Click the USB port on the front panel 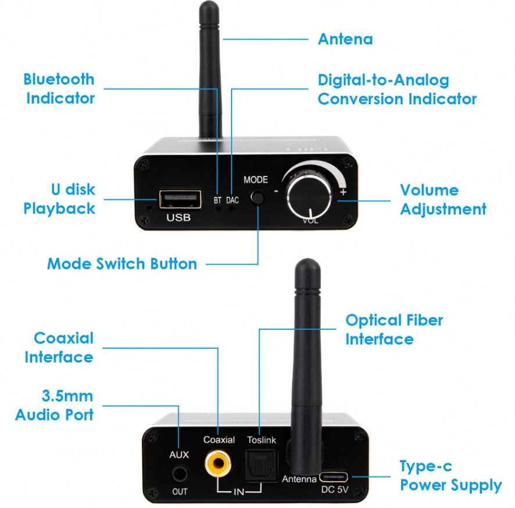click(x=180, y=199)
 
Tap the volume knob click(x=309, y=196)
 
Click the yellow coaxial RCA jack click(x=219, y=463)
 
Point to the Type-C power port click(x=334, y=477)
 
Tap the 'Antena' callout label click(x=345, y=39)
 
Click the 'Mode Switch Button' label click(x=122, y=264)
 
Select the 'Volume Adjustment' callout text click(x=443, y=200)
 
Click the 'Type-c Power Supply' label click(x=450, y=476)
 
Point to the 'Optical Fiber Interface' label click(x=394, y=329)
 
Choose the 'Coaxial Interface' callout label click(x=59, y=347)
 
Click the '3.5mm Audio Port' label click(x=55, y=405)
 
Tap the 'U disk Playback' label click(x=59, y=199)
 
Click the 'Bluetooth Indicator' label click(x=59, y=89)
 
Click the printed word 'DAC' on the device click(x=232, y=200)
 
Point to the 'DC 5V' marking click(x=335, y=489)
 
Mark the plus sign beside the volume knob click(x=343, y=191)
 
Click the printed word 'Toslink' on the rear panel click(x=262, y=440)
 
